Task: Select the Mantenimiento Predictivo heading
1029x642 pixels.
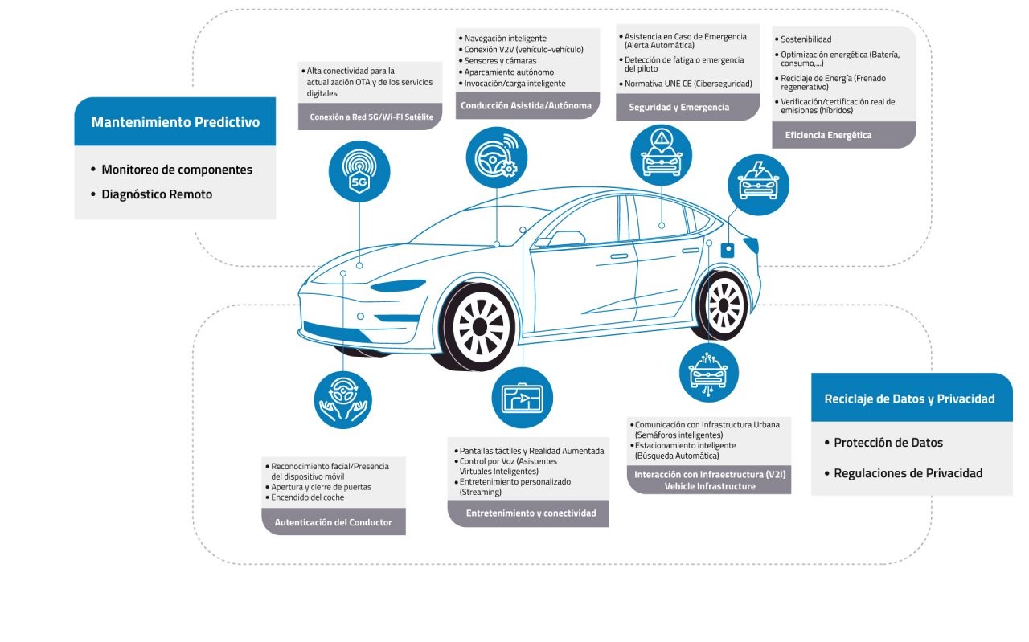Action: pyautogui.click(x=175, y=122)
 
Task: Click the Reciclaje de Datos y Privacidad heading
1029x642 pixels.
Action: pyautogui.click(x=909, y=399)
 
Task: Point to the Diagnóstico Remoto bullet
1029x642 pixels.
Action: pyautogui.click(x=157, y=194)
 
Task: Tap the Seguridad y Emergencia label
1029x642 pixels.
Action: pyautogui.click(x=679, y=107)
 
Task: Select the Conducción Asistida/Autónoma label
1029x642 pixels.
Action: pyautogui.click(x=526, y=105)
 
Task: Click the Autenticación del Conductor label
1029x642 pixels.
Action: pyautogui.click(x=334, y=522)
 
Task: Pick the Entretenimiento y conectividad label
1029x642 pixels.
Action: pyautogui.click(x=531, y=513)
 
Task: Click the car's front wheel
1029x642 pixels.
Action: pyautogui.click(x=479, y=326)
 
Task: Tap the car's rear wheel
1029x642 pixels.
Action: pyautogui.click(x=723, y=305)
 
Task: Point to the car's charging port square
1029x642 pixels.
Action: pyautogui.click(x=729, y=250)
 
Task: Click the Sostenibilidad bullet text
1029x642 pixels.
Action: pyautogui.click(x=806, y=39)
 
